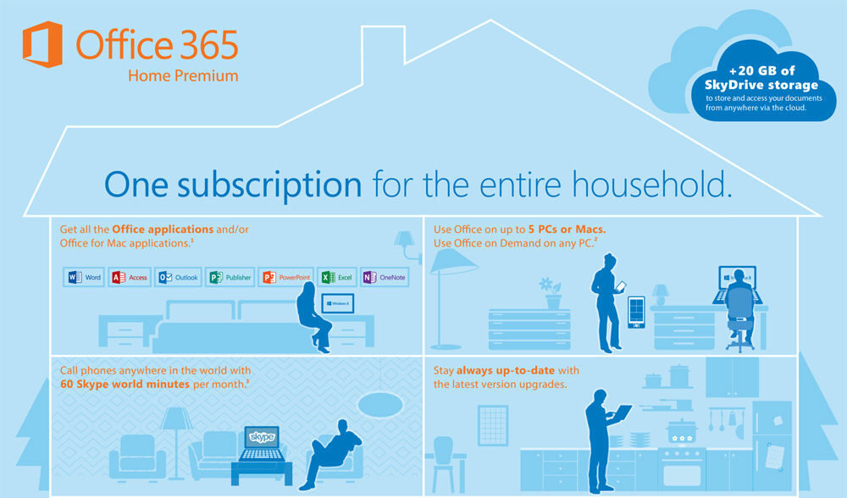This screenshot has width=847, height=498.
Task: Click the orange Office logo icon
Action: [42, 44]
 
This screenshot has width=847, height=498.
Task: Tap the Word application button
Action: [84, 277]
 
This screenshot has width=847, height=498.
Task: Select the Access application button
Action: [129, 277]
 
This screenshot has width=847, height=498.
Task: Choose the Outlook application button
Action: [178, 277]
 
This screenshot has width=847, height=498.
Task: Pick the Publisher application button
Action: [230, 277]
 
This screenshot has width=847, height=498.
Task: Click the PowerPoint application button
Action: [285, 277]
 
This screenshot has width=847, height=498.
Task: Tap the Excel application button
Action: [337, 277]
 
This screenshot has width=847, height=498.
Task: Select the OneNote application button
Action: [385, 277]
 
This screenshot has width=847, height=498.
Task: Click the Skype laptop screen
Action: [262, 437]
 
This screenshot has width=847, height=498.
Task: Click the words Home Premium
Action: [183, 75]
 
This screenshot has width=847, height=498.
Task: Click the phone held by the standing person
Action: [621, 285]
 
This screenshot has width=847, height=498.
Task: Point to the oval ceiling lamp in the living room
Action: [380, 404]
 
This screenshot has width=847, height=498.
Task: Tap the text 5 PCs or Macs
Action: [567, 229]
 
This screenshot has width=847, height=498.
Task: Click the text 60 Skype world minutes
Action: [125, 384]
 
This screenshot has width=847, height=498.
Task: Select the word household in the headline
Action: [652, 184]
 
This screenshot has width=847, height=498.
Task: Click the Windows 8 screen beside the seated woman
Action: [338, 303]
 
